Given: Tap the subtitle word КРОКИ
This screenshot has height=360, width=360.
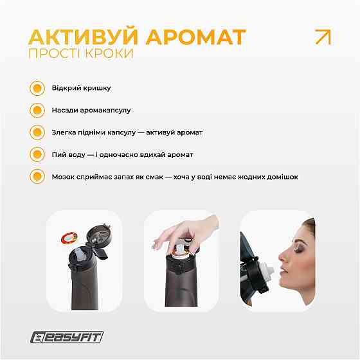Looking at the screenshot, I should pyautogui.click(x=109, y=54).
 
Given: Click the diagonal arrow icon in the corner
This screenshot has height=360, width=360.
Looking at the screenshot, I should pyautogui.click(x=322, y=37).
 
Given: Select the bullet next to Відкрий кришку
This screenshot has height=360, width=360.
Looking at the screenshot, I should pyautogui.click(x=37, y=88).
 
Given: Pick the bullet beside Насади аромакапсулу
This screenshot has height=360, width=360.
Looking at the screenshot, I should pyautogui.click(x=37, y=110).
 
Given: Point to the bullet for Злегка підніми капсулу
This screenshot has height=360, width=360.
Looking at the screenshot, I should pyautogui.click(x=37, y=132).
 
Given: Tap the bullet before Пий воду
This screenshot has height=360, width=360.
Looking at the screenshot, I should pyautogui.click(x=37, y=154).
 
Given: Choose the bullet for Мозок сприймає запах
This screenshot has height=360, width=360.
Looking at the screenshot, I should pyautogui.click(x=37, y=176).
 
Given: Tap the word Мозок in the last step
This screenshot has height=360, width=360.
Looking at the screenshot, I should pyautogui.click(x=64, y=176).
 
